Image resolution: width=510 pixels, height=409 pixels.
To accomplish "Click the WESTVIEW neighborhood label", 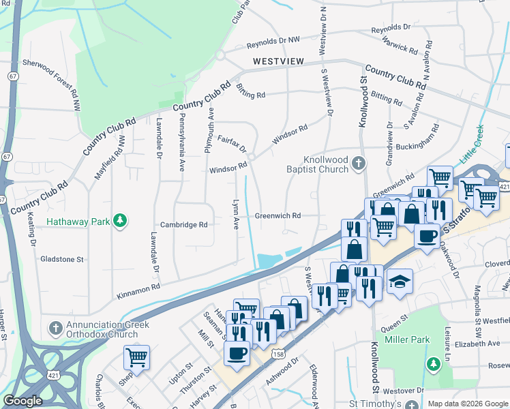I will tap(277, 61).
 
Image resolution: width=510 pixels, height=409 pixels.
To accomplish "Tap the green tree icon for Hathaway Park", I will tap(120, 220).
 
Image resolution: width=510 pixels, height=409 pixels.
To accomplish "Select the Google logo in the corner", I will tap(22, 400).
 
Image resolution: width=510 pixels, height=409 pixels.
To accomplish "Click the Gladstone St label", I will tap(61, 259).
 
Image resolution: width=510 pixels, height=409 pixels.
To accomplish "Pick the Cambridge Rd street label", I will tap(183, 224).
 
